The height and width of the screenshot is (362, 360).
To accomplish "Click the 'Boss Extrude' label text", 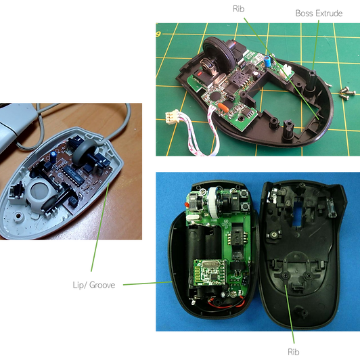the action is tap(319, 14).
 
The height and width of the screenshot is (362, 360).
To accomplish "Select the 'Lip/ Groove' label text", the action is tap(94, 285).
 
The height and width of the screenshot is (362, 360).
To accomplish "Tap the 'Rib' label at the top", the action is tap(239, 9).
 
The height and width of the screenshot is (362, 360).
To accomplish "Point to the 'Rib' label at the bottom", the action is tap(294, 352).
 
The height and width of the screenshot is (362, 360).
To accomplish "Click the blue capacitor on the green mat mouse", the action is tap(268, 61).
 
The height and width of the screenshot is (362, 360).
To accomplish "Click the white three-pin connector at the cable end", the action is tap(172, 116).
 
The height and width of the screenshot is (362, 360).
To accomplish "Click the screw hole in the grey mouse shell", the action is tap(18, 215).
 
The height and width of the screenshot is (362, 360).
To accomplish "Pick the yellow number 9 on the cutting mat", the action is tap(158, 35).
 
